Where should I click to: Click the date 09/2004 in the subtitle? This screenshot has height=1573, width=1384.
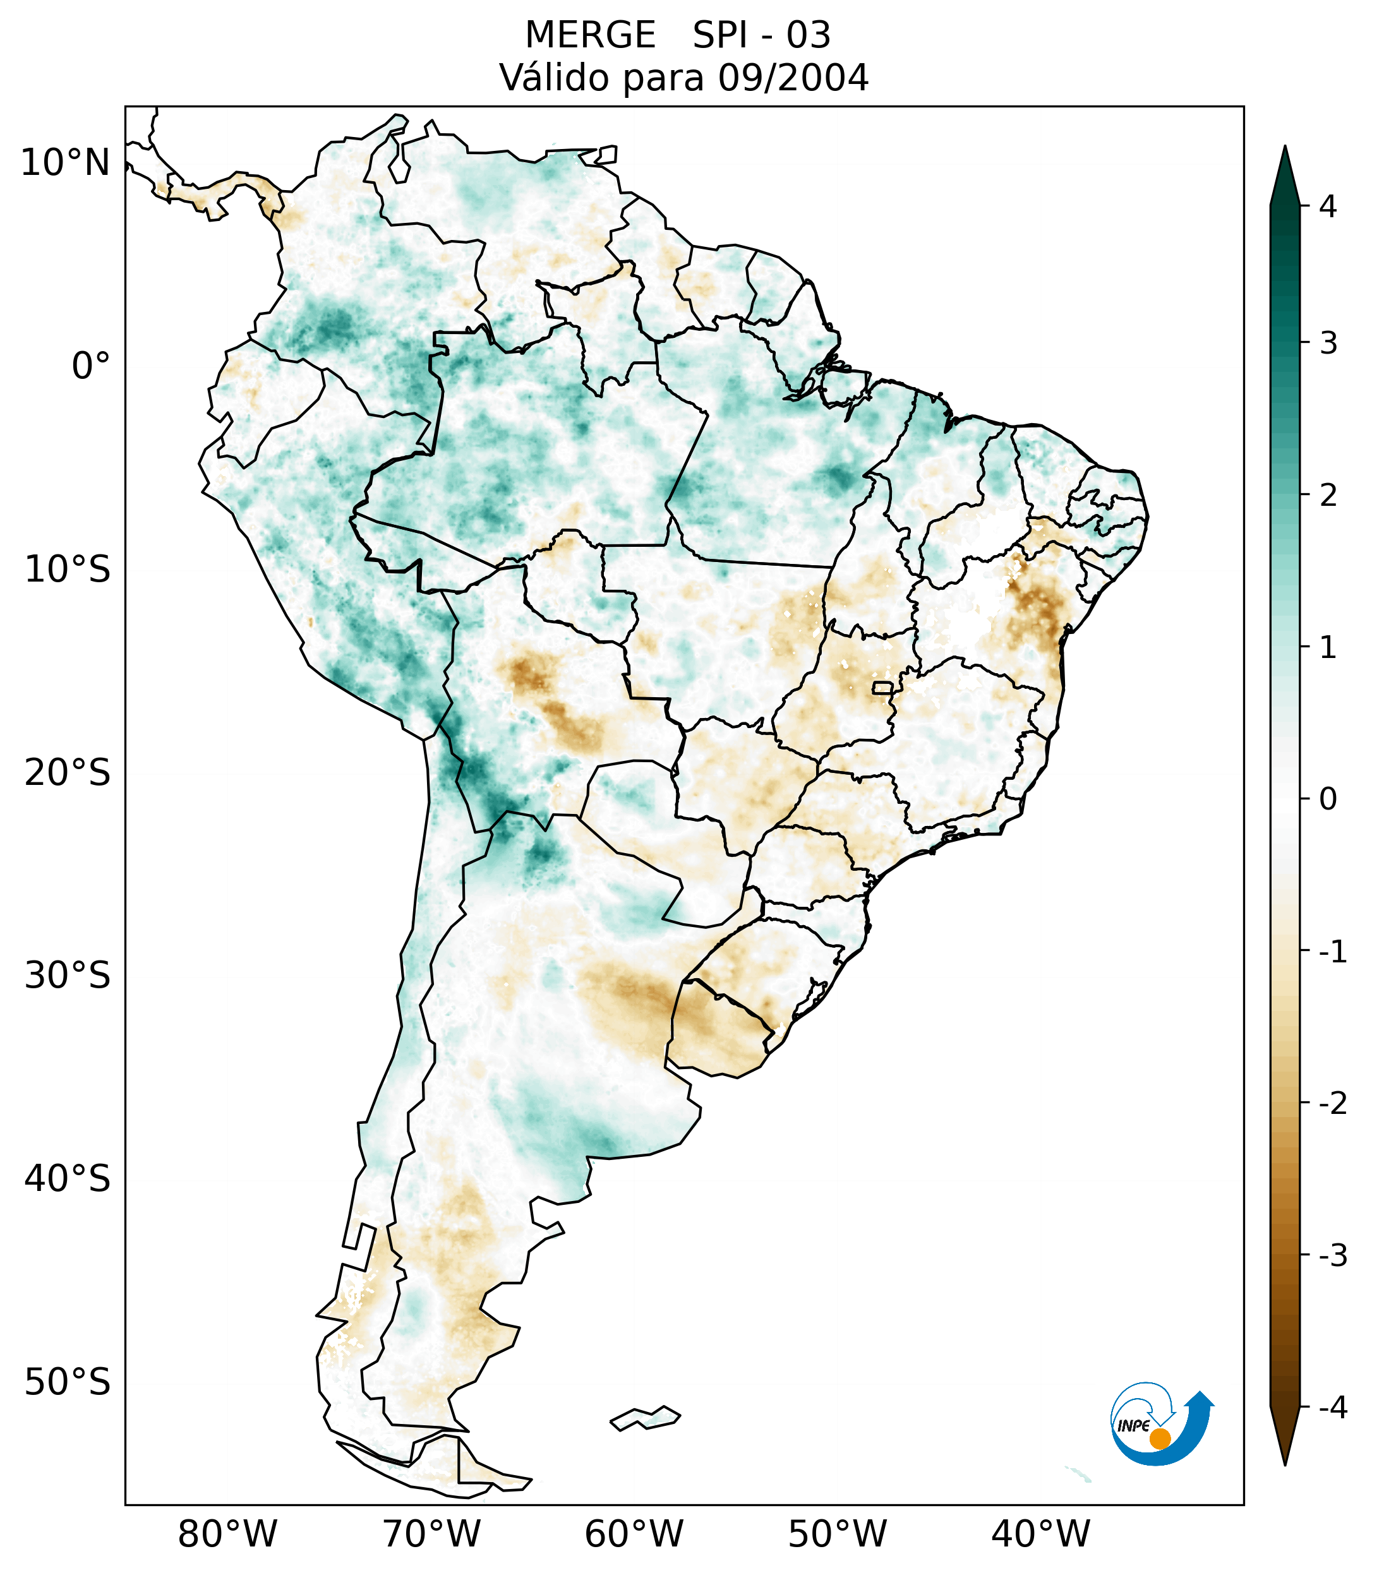coord(793,78)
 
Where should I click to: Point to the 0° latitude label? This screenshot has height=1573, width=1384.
coord(91,366)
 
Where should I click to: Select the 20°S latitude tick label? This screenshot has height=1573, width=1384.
coord(68,773)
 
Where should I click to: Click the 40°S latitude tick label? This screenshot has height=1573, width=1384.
coord(68,1178)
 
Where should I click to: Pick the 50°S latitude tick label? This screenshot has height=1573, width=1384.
coord(68,1382)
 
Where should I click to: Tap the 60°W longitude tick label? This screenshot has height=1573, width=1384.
coord(634,1534)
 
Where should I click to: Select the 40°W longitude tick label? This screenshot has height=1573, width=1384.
coord(1041,1534)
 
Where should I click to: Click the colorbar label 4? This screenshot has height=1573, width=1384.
coord(1328,206)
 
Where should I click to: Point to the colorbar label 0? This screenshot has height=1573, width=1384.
coord(1328,799)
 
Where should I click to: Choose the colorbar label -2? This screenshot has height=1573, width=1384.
coord(1332,1104)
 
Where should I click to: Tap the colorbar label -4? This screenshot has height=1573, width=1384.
coord(1332,1408)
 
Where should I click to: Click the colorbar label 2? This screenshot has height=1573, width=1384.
coord(1328,496)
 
